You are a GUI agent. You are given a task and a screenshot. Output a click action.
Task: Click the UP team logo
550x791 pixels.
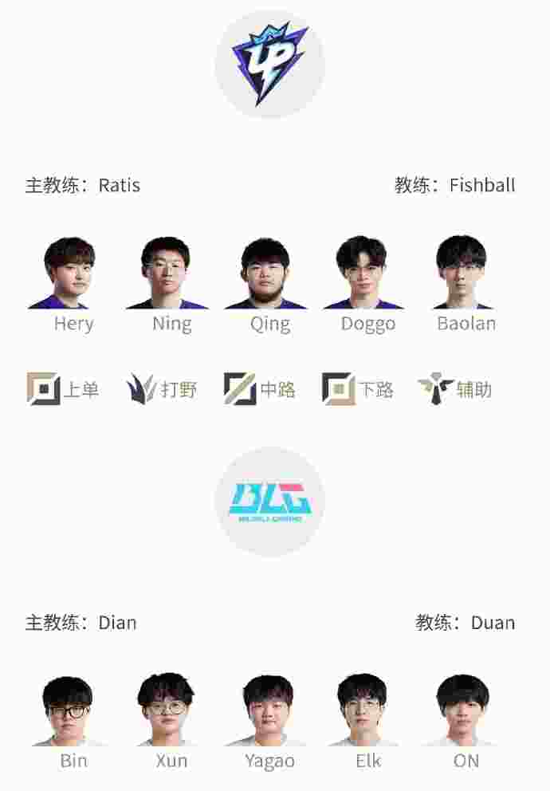269,63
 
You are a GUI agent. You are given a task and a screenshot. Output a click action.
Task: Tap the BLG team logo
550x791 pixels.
270,502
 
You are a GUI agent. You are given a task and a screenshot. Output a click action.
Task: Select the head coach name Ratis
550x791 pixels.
120,185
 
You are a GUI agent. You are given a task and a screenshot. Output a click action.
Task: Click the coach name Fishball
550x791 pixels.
482,185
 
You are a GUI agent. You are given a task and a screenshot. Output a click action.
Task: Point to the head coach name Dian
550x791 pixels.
117,623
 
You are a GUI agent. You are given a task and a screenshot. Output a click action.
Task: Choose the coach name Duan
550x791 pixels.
493,623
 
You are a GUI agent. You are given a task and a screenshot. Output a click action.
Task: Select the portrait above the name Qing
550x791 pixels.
265,273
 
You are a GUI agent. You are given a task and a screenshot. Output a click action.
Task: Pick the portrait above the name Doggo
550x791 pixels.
363,273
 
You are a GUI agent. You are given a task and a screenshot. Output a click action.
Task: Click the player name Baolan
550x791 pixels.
466,324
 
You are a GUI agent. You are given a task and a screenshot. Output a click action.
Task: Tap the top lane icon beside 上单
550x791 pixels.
43,388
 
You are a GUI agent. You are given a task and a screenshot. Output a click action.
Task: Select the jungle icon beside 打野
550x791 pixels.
141,388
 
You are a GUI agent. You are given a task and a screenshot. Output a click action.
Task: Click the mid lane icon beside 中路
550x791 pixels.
240,388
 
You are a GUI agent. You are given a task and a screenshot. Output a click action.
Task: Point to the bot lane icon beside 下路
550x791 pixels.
338,388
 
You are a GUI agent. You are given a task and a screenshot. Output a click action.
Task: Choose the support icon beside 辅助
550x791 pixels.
435,388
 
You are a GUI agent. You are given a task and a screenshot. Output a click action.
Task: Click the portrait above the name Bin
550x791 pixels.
67,711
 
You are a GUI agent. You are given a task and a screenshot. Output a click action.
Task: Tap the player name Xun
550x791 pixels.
172,761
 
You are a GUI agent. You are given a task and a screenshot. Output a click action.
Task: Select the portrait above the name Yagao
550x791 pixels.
267,711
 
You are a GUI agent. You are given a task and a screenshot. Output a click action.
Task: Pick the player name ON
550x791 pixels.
466,761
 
